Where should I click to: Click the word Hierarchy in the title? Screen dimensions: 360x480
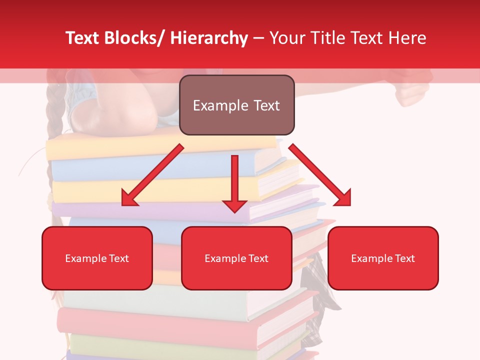click(x=209, y=38)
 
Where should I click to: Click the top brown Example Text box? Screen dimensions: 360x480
click(x=236, y=105)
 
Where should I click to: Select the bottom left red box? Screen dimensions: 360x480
click(x=97, y=258)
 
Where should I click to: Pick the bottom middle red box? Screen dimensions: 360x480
click(x=236, y=258)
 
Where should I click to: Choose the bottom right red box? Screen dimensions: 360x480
click(x=383, y=258)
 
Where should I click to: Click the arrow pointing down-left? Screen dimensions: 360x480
click(x=152, y=175)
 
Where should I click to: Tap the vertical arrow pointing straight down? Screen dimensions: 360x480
click(x=234, y=182)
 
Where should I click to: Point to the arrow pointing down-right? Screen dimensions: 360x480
click(x=320, y=175)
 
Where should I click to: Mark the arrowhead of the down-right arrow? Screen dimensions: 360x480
click(x=344, y=199)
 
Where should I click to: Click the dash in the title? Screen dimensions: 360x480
click(x=258, y=38)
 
